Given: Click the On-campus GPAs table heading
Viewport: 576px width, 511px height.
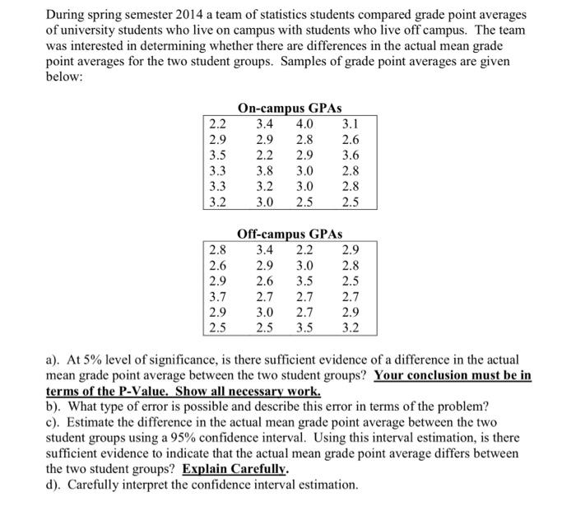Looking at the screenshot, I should (x=289, y=108).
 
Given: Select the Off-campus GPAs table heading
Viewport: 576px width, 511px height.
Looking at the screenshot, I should (x=289, y=234).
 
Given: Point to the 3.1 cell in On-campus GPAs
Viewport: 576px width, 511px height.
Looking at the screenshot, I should (x=350, y=124).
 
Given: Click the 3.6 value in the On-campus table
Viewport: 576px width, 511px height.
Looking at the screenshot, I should (x=350, y=155).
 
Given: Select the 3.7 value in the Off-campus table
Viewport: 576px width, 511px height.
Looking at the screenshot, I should (x=218, y=297).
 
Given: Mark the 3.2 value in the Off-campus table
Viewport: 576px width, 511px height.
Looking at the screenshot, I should (x=350, y=328).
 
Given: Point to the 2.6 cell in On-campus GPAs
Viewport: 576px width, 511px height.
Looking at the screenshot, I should (x=350, y=140).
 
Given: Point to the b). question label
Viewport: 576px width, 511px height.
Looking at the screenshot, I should (x=54, y=406).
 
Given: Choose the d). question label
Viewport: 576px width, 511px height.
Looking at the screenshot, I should (x=54, y=485).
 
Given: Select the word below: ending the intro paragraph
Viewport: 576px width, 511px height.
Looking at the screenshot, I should (x=66, y=77).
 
